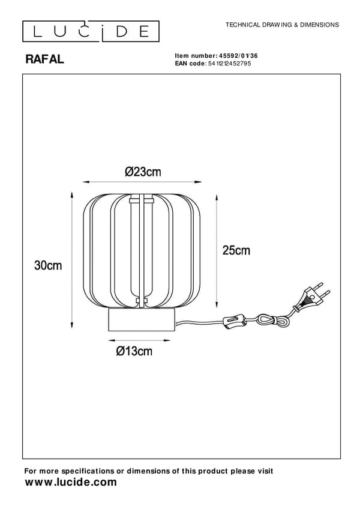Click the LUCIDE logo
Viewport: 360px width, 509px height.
coord(91,31)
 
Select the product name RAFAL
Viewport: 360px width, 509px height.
coord(45,59)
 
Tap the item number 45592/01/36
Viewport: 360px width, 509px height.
coord(239,56)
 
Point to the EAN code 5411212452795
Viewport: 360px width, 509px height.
coord(230,63)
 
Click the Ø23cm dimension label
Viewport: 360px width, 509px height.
coord(143,172)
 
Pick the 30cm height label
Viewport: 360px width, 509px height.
coord(48,265)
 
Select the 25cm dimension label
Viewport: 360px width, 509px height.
coord(236,250)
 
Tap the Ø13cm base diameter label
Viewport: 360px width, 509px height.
coord(134,351)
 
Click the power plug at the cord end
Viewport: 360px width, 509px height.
coord(312,297)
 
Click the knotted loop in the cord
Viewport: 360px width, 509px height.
coord(269,320)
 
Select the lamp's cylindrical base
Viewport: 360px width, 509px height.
coord(142,320)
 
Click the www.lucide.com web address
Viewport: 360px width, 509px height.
coord(71,482)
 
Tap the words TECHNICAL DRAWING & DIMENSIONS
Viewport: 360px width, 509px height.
coord(282,25)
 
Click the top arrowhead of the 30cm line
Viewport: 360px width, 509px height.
coord(72,194)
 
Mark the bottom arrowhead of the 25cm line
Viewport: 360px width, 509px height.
coord(217,304)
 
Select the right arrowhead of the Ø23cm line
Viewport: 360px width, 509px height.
coord(197,182)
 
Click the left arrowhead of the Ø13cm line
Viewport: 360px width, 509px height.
coord(112,340)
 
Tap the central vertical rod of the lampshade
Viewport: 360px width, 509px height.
coord(142,250)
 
